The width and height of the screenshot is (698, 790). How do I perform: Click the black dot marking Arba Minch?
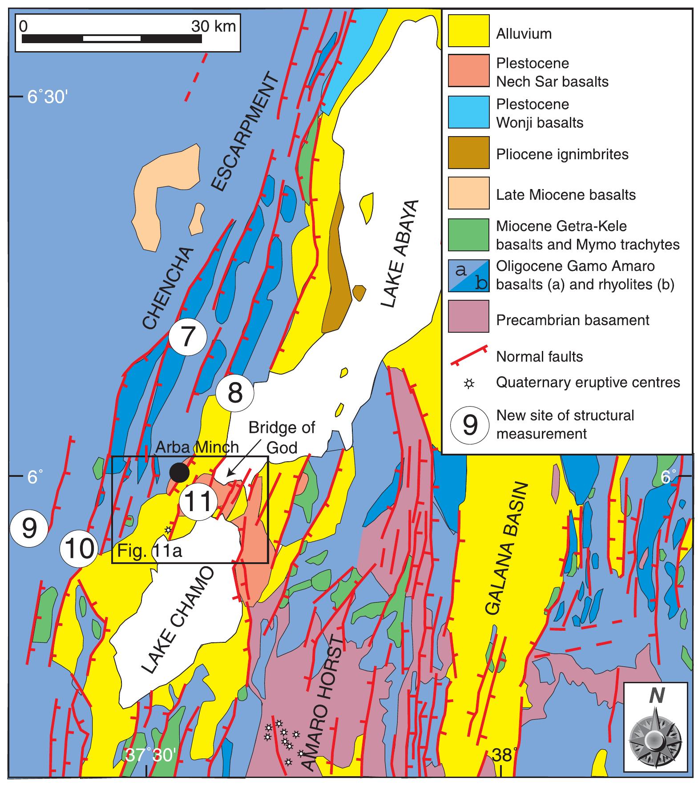(179, 472)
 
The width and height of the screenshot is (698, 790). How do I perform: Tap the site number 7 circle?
(188, 337)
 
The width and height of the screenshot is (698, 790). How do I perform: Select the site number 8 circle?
(235, 393)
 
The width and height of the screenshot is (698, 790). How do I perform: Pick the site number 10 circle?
(79, 548)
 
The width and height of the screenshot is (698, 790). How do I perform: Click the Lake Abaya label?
(400, 253)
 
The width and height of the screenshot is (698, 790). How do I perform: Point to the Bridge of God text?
(281, 437)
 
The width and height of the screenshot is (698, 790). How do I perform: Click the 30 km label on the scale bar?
(214, 26)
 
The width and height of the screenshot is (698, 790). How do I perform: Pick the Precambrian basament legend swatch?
(468, 316)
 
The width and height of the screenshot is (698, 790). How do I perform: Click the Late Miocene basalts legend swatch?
(468, 193)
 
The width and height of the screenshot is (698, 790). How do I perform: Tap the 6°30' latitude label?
(47, 97)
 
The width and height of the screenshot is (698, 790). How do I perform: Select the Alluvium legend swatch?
(468, 30)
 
